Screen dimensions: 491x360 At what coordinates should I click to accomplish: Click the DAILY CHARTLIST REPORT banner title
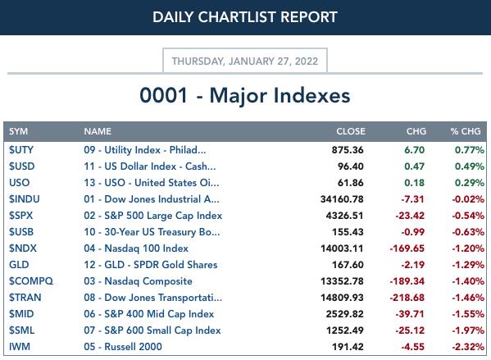pos(245,17)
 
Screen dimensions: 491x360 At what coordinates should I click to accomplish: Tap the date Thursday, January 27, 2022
pos(245,61)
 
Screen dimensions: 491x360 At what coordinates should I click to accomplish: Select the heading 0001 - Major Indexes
pos(245,95)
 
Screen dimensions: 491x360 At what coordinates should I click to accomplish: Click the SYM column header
pos(19,131)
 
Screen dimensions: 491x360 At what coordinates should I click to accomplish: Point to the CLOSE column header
pos(351,131)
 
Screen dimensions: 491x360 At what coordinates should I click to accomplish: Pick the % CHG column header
pos(466,131)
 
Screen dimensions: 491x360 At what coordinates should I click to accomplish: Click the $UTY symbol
pos(21,150)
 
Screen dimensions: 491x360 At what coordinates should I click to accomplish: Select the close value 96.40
pos(350,166)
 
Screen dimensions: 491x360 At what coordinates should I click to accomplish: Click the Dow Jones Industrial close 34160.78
pos(342,199)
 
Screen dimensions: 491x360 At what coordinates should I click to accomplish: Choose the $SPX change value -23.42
pos(410,216)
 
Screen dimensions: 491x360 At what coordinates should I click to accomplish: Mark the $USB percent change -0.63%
pos(468,232)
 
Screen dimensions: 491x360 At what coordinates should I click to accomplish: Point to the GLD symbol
pos(19,265)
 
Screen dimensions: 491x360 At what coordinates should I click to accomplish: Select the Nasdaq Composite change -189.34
pos(407,281)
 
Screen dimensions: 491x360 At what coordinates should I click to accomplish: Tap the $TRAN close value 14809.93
pos(342,298)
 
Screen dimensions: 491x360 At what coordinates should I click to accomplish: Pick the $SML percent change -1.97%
pos(468,330)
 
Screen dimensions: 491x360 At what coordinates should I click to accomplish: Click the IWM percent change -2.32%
pos(468,347)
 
